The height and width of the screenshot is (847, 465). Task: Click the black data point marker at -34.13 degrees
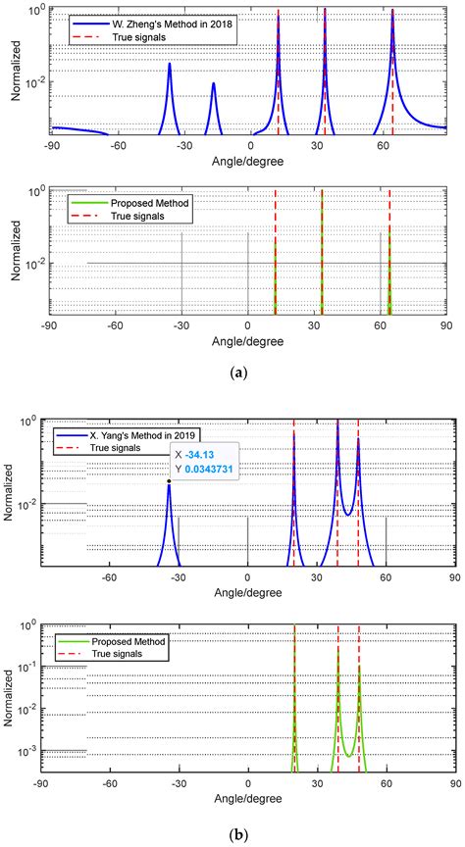169,480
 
